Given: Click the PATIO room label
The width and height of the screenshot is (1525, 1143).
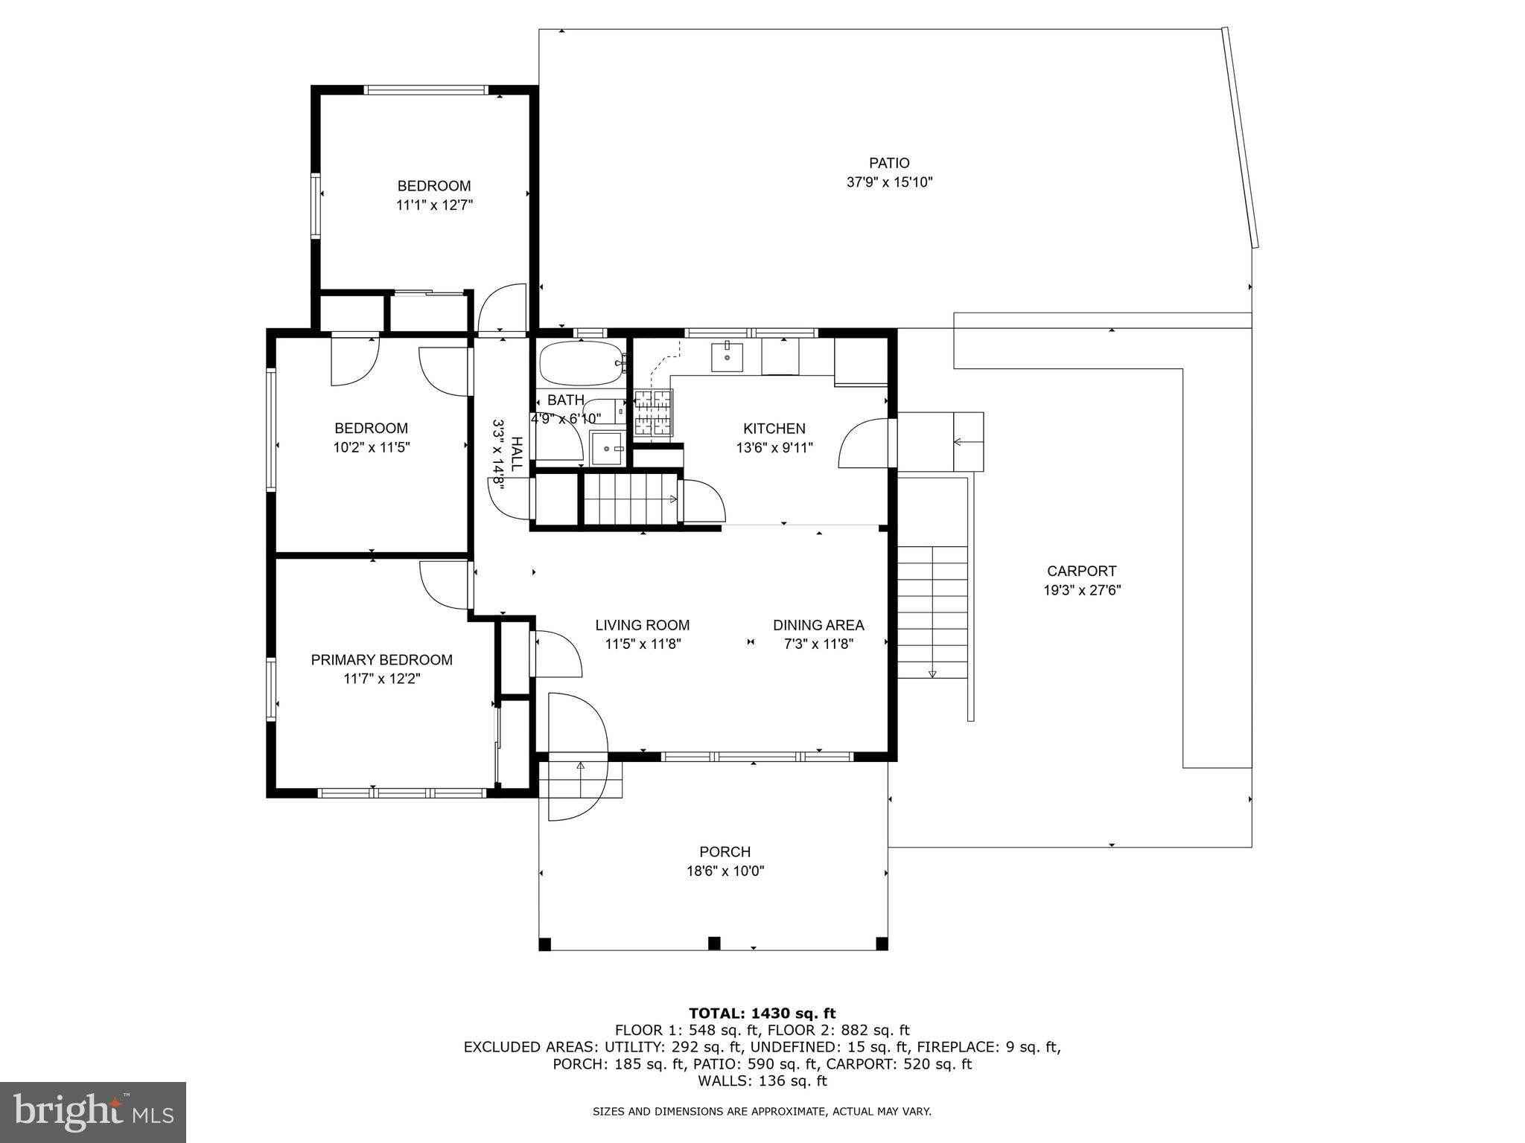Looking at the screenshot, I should [x=889, y=163].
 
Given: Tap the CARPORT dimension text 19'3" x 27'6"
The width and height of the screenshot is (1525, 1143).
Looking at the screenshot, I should [x=1081, y=591].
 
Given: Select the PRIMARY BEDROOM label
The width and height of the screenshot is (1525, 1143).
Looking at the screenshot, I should [x=381, y=660].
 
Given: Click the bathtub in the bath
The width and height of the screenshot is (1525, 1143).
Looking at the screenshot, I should [x=580, y=363].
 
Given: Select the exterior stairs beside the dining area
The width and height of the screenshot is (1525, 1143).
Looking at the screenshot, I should [x=932, y=610].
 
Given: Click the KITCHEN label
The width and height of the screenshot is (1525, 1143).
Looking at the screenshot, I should [x=774, y=429].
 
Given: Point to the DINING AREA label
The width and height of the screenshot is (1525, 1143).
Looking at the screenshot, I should [x=818, y=625].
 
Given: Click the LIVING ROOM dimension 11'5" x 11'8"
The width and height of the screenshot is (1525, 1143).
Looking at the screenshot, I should [x=643, y=644].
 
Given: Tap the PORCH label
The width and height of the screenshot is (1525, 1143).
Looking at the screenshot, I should [x=725, y=852].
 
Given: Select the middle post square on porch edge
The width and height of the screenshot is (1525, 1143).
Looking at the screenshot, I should [x=713, y=944].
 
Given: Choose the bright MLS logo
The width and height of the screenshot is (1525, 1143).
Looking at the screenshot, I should [x=93, y=1112].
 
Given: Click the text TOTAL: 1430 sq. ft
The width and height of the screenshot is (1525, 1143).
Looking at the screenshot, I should [x=762, y=1014].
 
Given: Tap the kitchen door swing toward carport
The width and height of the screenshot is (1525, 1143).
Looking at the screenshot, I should [x=864, y=444].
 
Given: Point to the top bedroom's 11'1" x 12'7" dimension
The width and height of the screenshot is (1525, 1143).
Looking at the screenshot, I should [x=434, y=205].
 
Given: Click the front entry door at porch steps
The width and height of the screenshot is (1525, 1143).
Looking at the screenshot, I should [x=577, y=755].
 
